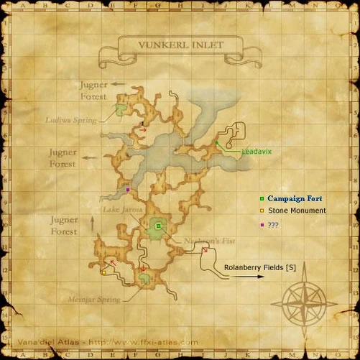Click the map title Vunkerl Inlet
click(181, 45)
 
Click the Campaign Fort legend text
click(295, 198)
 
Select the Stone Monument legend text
click(297, 211)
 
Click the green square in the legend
click(262, 198)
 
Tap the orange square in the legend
click(262, 211)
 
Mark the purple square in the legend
click(262, 224)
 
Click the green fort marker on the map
click(158, 226)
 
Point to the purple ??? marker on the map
click(127, 190)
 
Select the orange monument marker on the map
click(103, 272)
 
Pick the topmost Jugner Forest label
click(93, 90)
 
